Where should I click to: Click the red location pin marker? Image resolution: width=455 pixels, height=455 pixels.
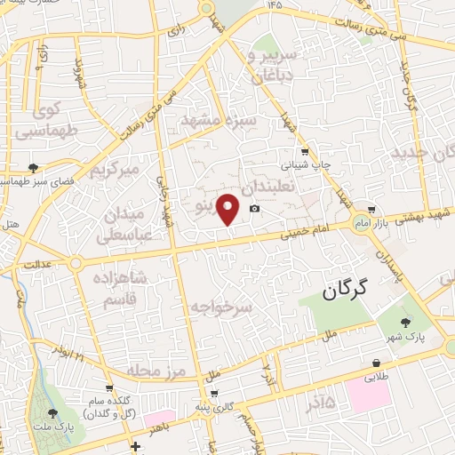[x=228, y=208]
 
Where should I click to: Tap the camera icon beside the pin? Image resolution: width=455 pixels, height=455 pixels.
[x=255, y=208]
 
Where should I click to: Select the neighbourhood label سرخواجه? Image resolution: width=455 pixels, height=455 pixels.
[x=221, y=307]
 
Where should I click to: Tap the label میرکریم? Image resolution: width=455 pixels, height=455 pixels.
[x=116, y=167]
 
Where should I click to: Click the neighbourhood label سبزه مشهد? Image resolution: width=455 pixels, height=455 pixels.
[x=218, y=119]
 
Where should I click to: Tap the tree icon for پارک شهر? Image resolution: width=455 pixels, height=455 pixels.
[x=406, y=323]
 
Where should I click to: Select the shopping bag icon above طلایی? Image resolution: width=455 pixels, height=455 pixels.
[x=377, y=363]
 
